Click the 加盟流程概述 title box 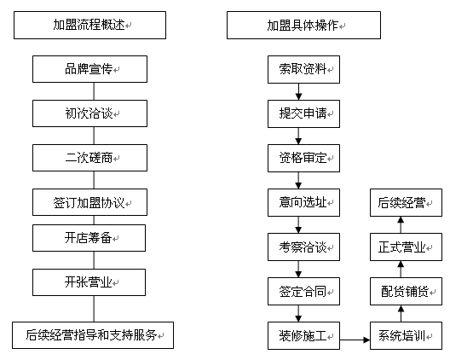click(x=89, y=25)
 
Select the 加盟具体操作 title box click(x=303, y=25)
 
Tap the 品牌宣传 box click(x=89, y=69)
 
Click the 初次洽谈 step click(x=89, y=113)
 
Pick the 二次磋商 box click(x=89, y=158)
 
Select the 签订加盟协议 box click(x=89, y=202)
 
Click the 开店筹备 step click(x=89, y=238)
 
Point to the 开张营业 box click(x=89, y=282)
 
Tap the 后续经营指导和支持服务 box click(x=93, y=335)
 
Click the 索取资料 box click(x=303, y=70)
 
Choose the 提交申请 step click(x=303, y=113)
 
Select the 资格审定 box click(x=303, y=159)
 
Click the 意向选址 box click(x=303, y=202)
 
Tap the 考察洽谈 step click(x=303, y=247)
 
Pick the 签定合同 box click(x=303, y=292)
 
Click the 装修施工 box click(x=303, y=335)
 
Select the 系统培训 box click(x=406, y=335)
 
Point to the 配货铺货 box click(x=406, y=292)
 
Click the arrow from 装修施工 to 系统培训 click(x=355, y=340)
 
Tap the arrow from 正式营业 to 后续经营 click(x=401, y=224)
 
